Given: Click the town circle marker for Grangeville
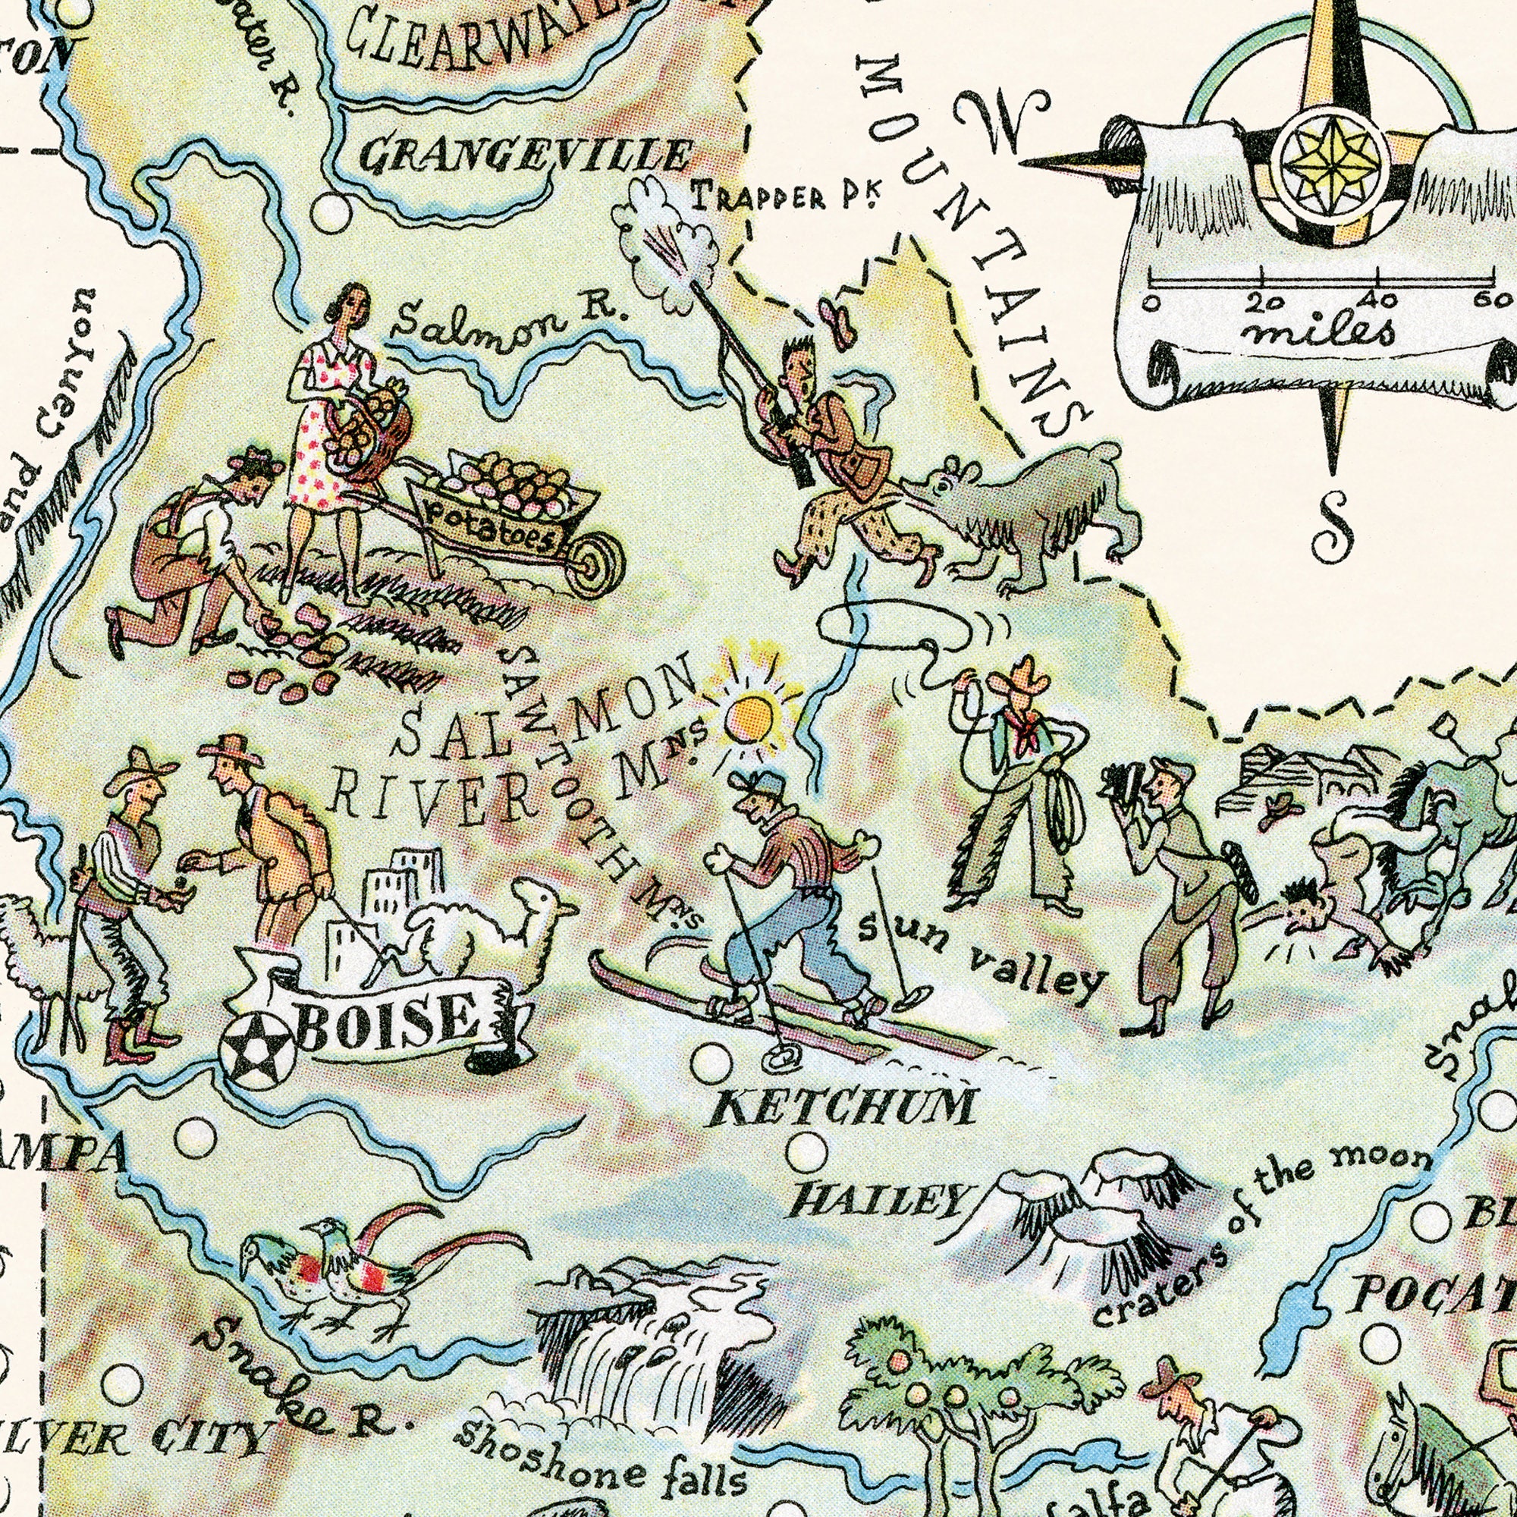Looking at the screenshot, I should point(329,210).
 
